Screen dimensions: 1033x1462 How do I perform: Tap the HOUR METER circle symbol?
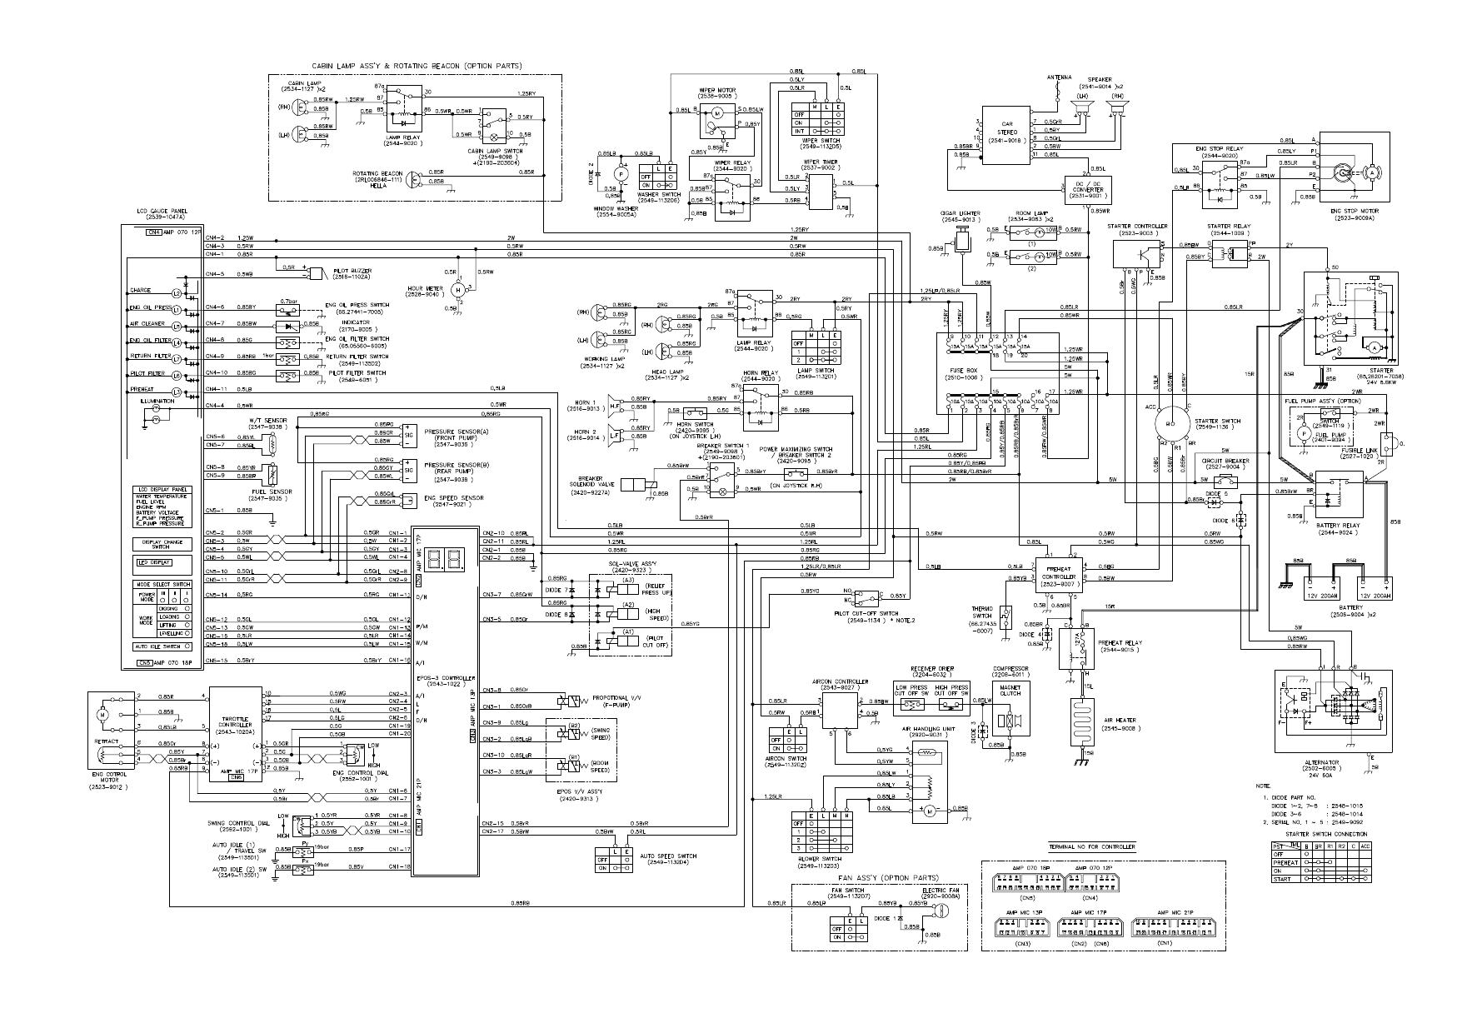(x=457, y=289)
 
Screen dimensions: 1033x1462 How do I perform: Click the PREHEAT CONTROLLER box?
(x=1059, y=573)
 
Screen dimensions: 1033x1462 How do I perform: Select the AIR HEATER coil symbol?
(x=1086, y=721)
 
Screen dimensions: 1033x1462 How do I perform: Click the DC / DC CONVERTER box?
(x=1089, y=191)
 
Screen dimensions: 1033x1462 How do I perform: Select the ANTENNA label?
(x=1059, y=77)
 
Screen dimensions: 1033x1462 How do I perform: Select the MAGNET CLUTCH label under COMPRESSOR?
(x=1010, y=689)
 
